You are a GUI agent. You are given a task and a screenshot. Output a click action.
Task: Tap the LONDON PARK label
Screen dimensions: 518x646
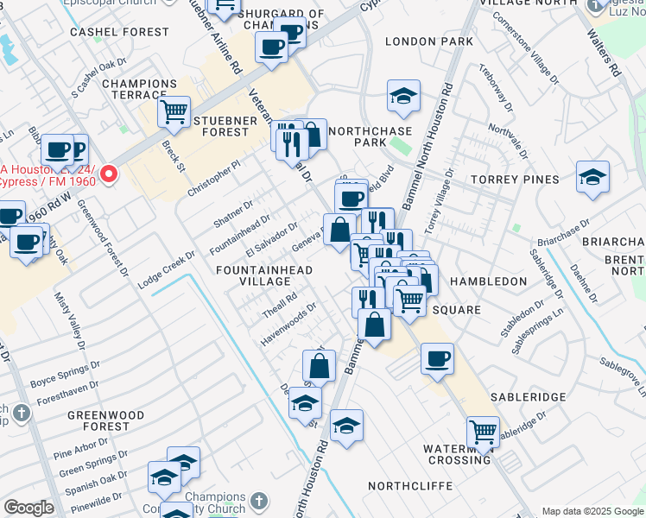429,41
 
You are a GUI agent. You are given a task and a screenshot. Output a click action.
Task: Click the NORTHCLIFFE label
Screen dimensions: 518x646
410,486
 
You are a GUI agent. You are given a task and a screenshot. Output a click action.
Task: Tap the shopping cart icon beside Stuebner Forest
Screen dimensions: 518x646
174,111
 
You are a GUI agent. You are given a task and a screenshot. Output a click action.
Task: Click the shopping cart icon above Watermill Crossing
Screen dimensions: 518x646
483,431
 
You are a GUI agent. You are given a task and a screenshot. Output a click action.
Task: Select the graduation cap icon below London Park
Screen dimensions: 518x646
403,97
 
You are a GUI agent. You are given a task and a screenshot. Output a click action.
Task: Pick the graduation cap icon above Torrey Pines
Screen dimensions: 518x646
592,177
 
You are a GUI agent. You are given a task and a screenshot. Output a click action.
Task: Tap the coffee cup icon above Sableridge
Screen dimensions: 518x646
438,357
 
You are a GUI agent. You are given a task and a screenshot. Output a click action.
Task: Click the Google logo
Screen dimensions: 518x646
28,508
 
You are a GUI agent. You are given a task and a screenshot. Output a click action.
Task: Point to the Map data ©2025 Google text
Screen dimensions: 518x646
592,511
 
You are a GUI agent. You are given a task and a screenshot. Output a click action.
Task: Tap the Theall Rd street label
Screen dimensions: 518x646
280,303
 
